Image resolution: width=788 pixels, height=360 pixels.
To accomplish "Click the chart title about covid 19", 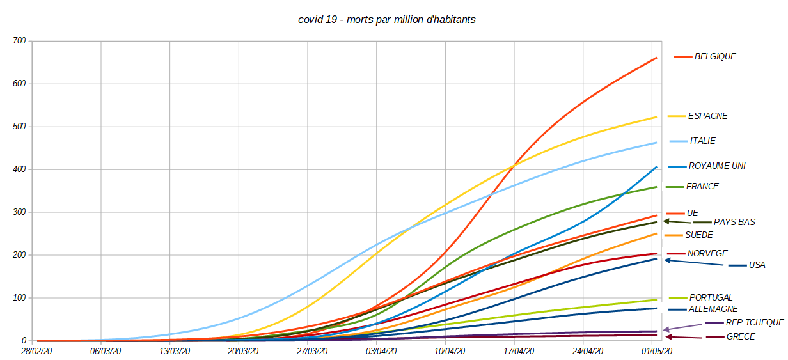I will (x=386, y=20).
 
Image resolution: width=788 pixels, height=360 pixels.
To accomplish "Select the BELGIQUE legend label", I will (x=715, y=56).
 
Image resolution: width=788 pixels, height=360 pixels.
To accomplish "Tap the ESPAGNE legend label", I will (x=707, y=116).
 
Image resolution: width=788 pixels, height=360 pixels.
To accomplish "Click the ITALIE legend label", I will (x=703, y=141).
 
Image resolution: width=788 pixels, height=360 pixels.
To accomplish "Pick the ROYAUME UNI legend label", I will (x=717, y=166).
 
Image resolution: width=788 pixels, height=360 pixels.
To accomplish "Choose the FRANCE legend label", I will (x=702, y=187).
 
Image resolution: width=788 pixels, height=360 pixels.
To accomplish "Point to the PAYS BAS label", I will (x=734, y=223).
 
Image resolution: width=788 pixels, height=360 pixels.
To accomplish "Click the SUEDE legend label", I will (x=698, y=235).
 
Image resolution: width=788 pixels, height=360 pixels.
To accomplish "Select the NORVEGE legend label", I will (x=707, y=254).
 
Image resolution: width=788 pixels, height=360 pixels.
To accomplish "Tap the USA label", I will (x=757, y=265).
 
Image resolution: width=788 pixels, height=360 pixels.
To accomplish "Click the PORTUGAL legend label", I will (x=711, y=297).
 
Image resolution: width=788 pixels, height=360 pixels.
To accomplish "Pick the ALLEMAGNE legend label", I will (x=713, y=309).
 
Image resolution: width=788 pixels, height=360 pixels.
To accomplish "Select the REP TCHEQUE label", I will (x=755, y=323).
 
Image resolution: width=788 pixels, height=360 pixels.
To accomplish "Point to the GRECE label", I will (x=741, y=336).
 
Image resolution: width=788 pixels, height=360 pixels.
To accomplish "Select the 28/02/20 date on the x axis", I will (x=36, y=351).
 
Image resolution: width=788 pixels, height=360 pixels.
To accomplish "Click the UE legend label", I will (x=693, y=213).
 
